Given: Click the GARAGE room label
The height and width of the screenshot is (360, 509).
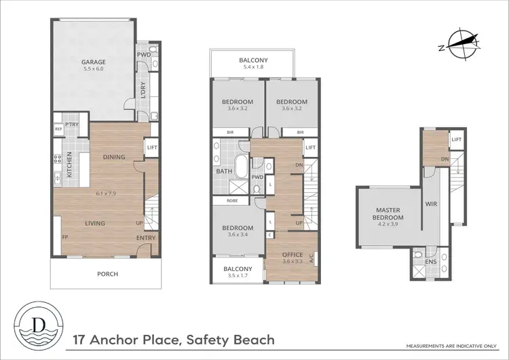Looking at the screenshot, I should pyautogui.click(x=94, y=62).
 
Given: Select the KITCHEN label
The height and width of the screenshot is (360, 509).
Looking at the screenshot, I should pyautogui.click(x=69, y=164).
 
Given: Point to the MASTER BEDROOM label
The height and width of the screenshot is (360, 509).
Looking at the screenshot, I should pyautogui.click(x=390, y=214).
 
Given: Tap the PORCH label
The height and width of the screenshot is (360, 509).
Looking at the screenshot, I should pyautogui.click(x=107, y=274).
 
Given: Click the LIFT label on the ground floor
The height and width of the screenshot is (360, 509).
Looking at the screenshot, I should pyautogui.click(x=152, y=147).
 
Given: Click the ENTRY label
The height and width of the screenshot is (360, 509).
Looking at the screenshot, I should pyautogui.click(x=145, y=238).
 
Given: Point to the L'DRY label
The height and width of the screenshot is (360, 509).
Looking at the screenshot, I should pyautogui.click(x=143, y=90).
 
